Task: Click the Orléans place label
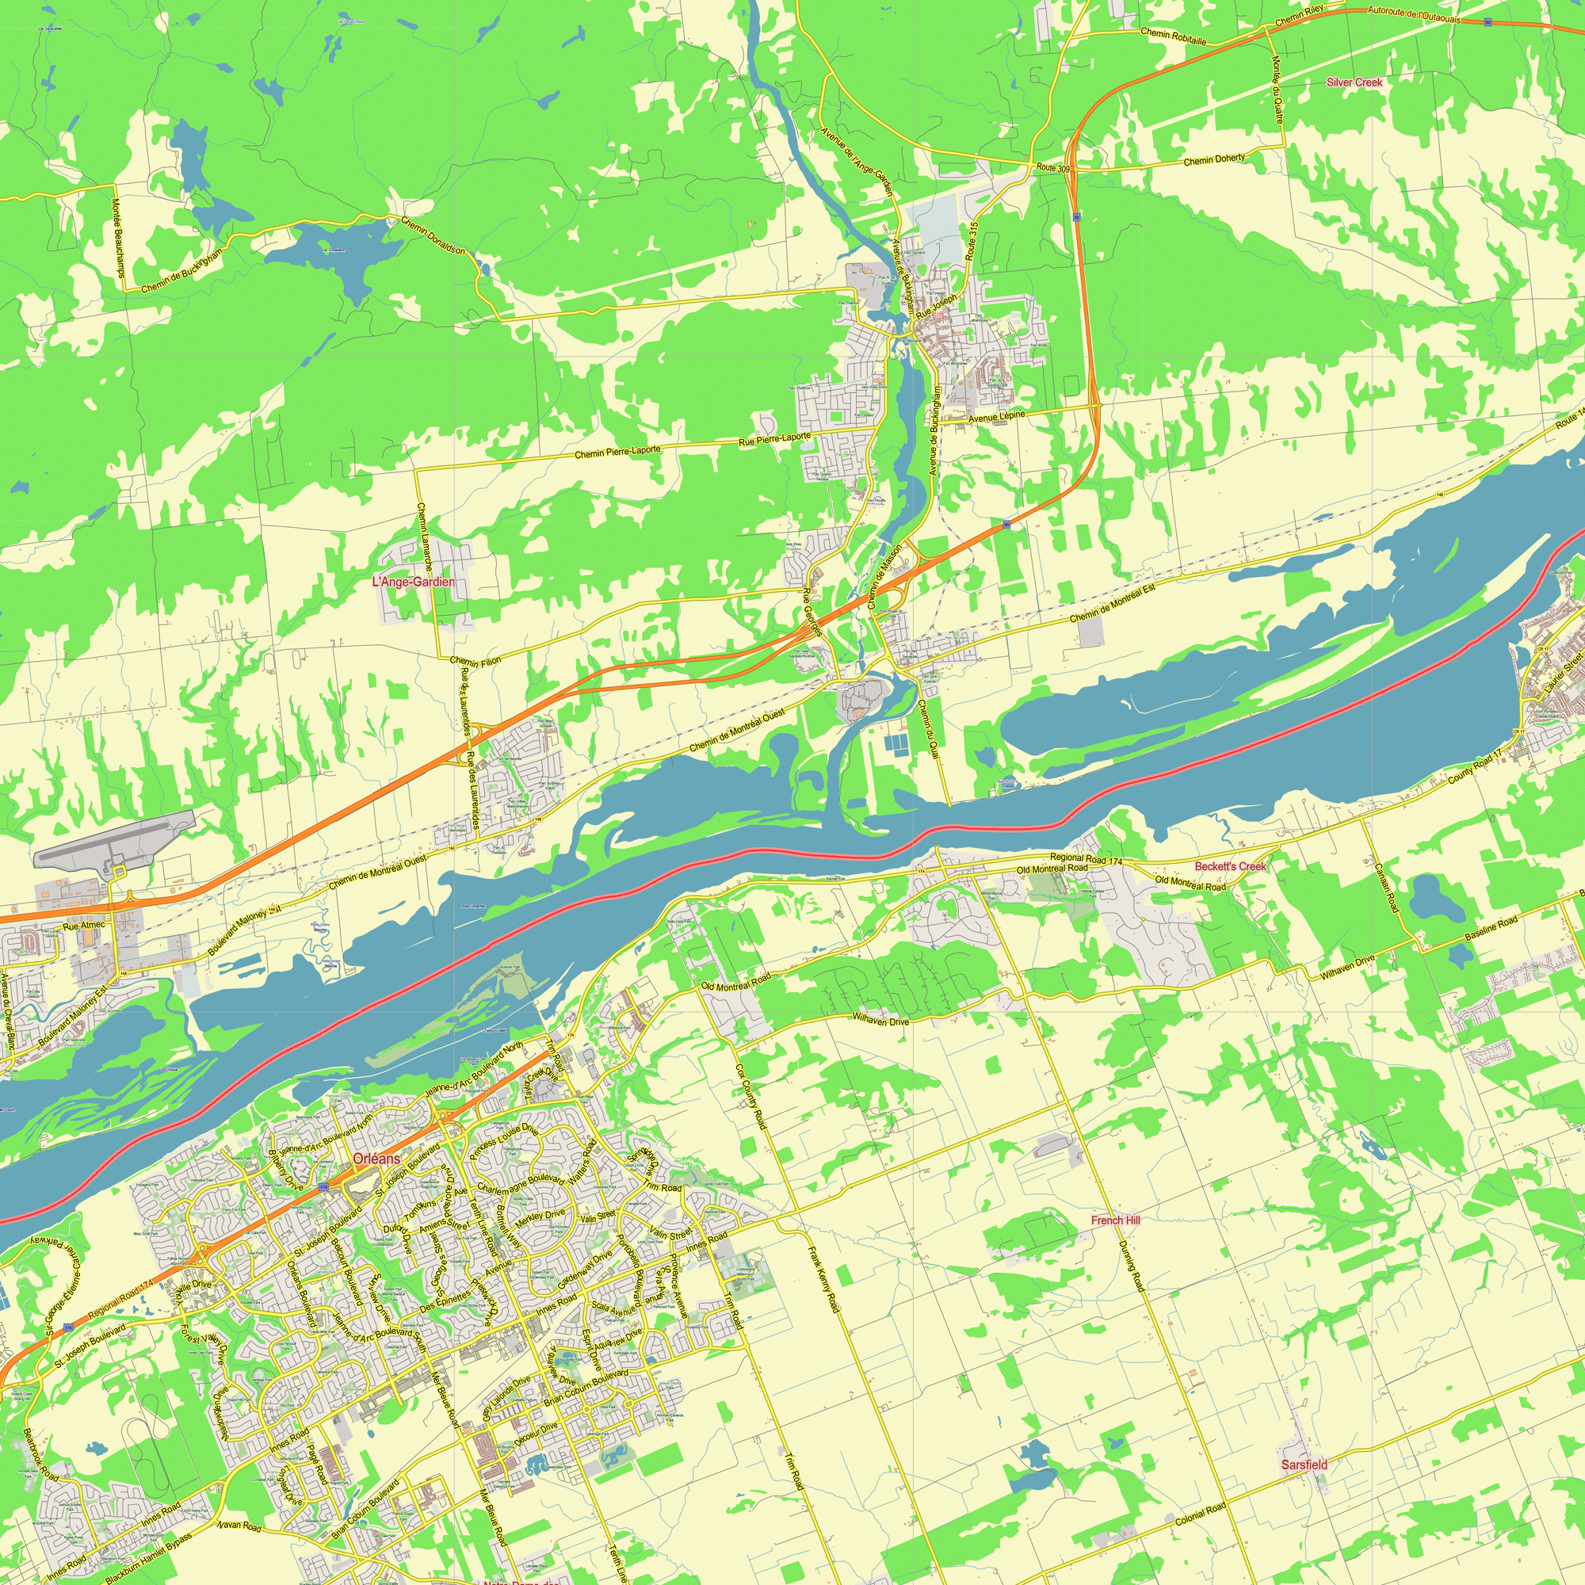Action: pyautogui.click(x=377, y=1159)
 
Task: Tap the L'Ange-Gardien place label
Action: pyautogui.click(x=413, y=582)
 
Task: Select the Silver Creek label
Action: pyautogui.click(x=1354, y=83)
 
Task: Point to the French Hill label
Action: pyautogui.click(x=1115, y=1220)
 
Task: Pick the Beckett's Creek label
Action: pyautogui.click(x=1230, y=866)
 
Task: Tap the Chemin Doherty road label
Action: pyautogui.click(x=1213, y=160)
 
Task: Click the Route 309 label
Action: pyautogui.click(x=1052, y=168)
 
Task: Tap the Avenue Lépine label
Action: pyautogui.click(x=996, y=417)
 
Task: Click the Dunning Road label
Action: pyautogui.click(x=1131, y=1266)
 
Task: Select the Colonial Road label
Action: pyautogui.click(x=1200, y=1514)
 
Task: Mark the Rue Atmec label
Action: pyautogui.click(x=85, y=926)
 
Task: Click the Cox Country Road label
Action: pyautogui.click(x=750, y=1097)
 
